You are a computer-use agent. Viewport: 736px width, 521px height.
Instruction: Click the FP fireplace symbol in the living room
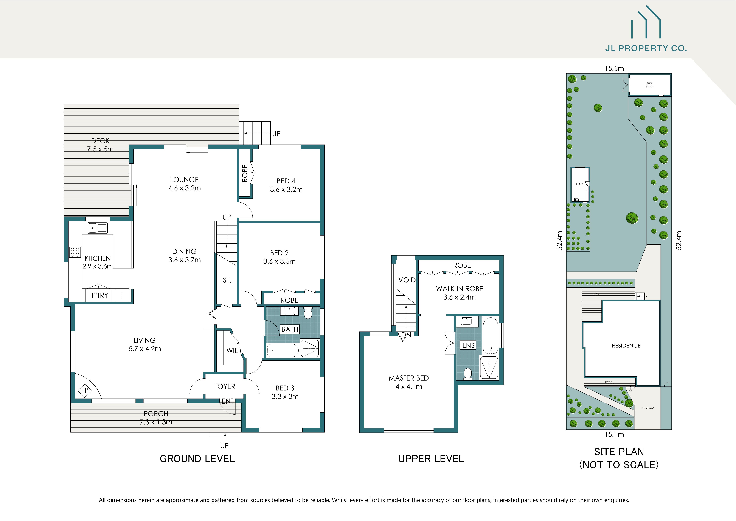[85, 390]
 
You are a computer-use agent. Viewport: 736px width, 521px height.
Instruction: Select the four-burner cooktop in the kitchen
[75, 252]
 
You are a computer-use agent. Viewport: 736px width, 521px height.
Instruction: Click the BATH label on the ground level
[289, 329]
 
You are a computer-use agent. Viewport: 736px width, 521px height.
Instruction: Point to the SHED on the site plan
[650, 85]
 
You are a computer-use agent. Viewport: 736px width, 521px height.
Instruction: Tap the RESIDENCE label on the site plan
[626, 346]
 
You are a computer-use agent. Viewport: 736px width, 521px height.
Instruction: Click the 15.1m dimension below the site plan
[614, 435]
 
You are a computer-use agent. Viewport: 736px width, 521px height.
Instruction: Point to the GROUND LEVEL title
[197, 459]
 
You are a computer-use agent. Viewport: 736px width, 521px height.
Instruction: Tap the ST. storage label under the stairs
[227, 280]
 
